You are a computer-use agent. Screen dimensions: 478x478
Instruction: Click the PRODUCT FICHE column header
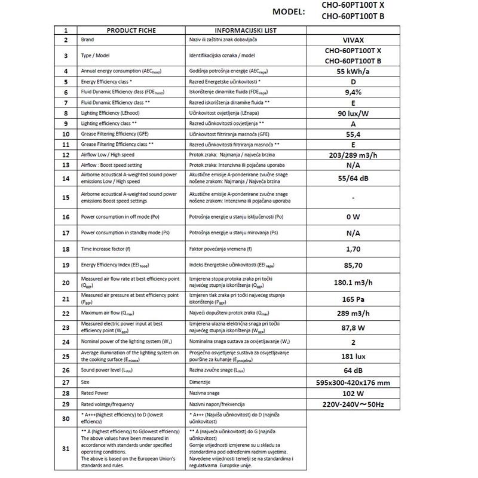point(131,30)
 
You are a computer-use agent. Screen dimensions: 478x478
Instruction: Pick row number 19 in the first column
point(66,263)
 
